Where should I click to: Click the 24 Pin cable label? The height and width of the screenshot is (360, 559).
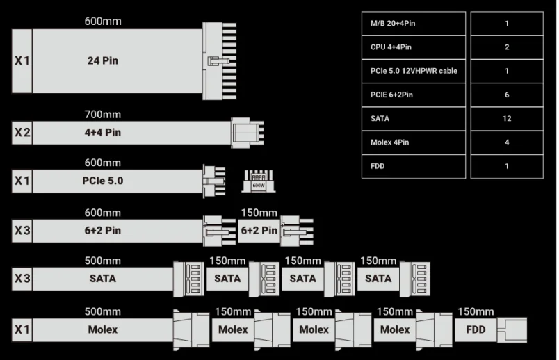coord(102,60)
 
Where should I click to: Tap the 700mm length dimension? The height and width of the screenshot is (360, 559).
coord(102,114)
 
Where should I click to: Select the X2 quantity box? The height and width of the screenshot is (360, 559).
coord(22,132)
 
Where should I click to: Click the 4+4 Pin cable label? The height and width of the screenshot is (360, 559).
coord(102,132)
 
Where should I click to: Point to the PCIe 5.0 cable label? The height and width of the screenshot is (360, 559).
coord(102,181)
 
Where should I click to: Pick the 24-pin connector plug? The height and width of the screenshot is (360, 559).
coord(222,60)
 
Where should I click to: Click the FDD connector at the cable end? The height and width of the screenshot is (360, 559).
coord(518,329)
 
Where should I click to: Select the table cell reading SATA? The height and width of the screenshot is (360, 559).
coord(414,118)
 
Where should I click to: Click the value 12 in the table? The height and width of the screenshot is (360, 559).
coord(507,118)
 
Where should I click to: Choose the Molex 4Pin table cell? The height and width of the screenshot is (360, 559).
coord(414,142)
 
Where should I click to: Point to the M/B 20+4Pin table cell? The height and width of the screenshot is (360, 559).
coord(414,24)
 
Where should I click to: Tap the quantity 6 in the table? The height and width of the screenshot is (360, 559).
coord(507,95)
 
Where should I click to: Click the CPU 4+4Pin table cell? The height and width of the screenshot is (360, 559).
coord(414,47)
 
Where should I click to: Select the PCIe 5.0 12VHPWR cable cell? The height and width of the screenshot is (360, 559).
coord(414,71)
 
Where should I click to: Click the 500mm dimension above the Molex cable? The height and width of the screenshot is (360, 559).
coord(102,311)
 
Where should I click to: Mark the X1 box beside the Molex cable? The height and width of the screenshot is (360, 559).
coord(22,329)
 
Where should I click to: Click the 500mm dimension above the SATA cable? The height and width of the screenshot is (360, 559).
coord(102,261)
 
